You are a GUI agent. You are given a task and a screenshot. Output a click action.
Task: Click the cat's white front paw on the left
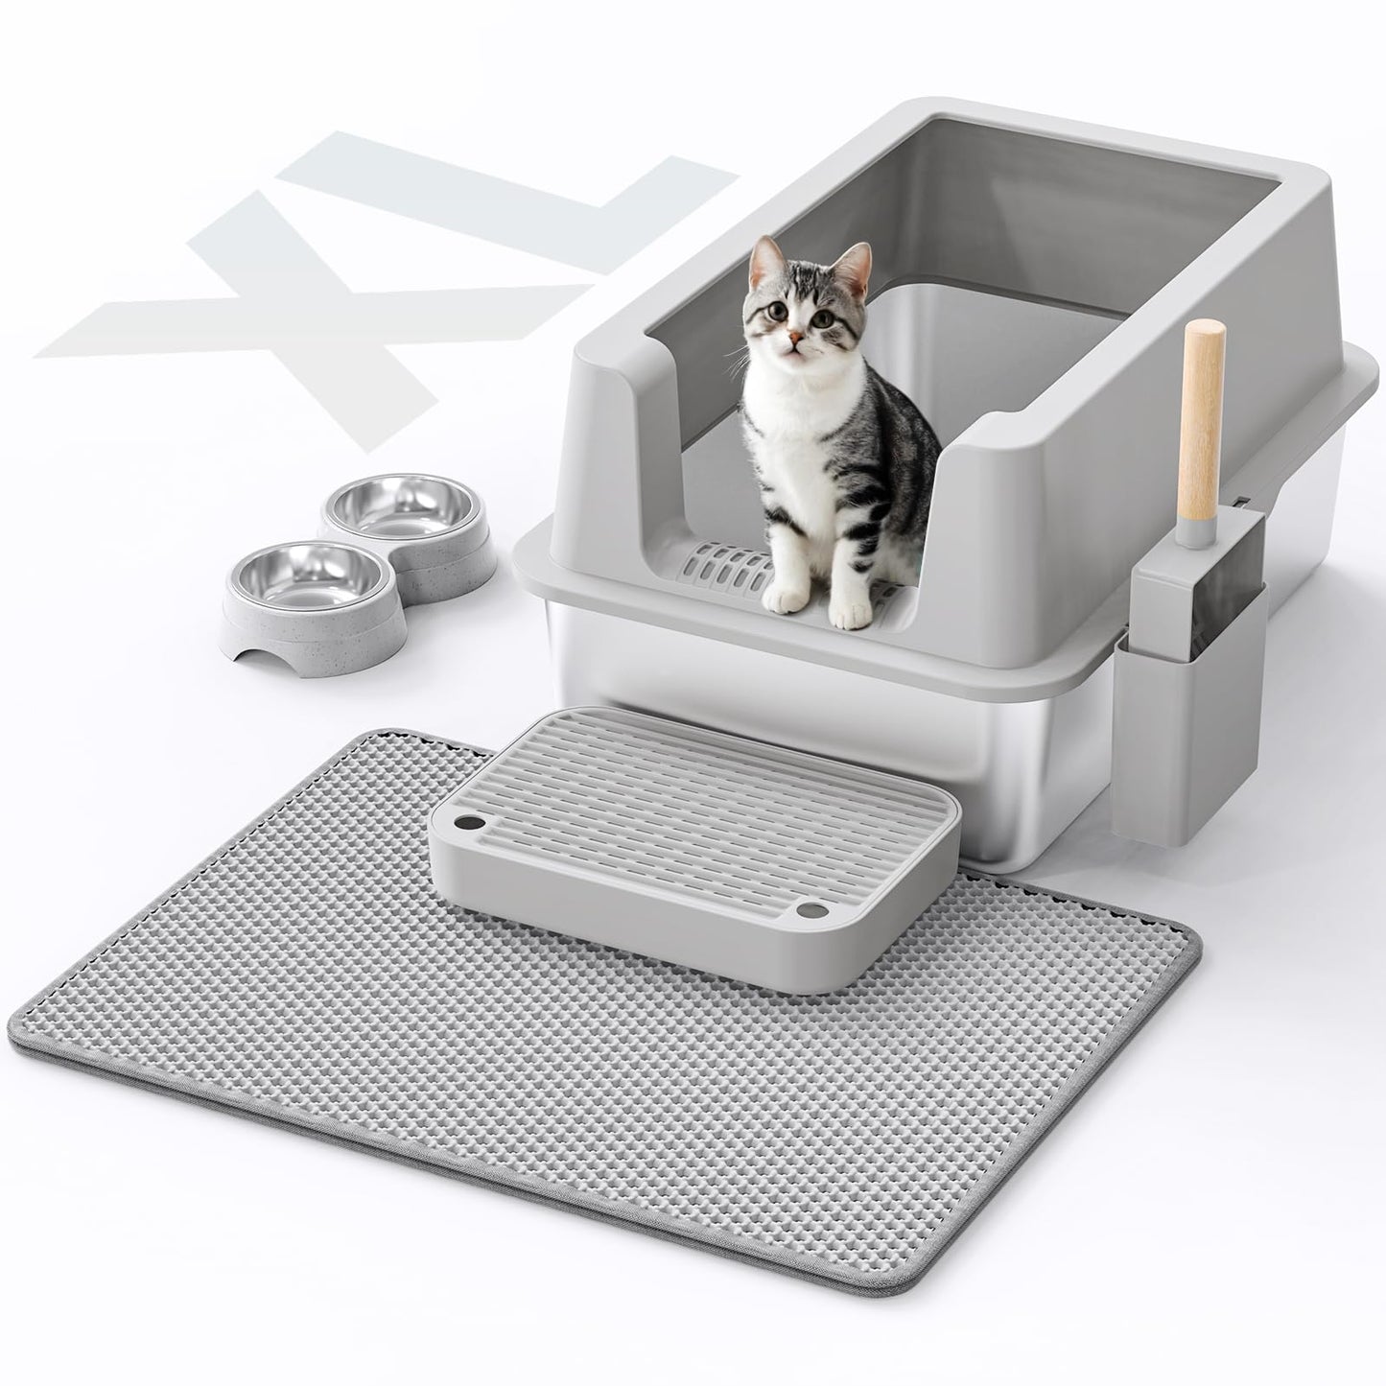coord(782,597)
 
